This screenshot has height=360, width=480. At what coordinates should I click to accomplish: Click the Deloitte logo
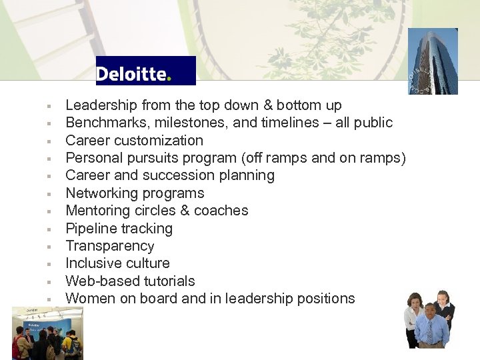tap(145, 71)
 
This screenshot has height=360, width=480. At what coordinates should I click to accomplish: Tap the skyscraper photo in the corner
tap(433, 61)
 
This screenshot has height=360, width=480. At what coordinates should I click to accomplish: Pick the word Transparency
tap(109, 246)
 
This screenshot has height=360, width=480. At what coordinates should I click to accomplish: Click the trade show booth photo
tap(47, 333)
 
